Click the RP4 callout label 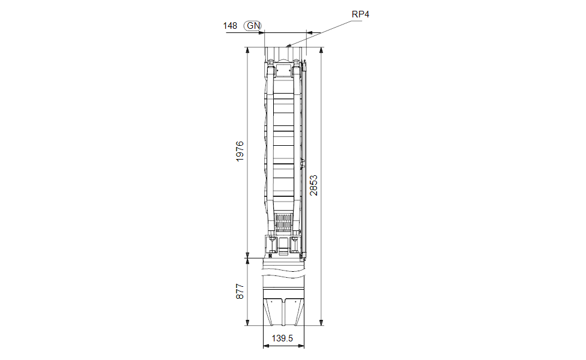tap(360, 14)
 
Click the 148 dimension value tap(230, 26)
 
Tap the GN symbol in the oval tap(253, 26)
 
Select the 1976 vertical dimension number tap(240, 151)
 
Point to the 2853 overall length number tap(313, 185)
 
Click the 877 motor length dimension tap(240, 291)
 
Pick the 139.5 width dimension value tap(282, 338)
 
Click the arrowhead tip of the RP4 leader tap(286, 46)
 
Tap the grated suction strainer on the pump tap(283, 223)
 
